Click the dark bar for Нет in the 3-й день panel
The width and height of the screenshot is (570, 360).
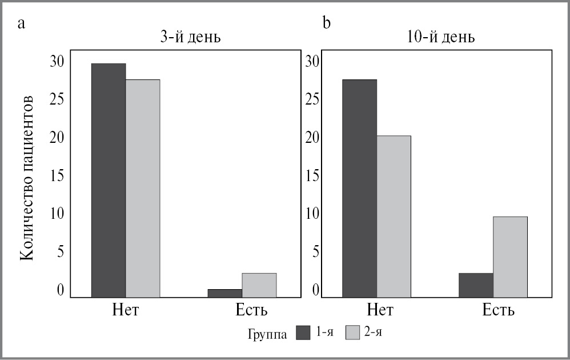coord(109,180)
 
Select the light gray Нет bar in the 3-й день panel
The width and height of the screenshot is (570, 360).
coord(143,188)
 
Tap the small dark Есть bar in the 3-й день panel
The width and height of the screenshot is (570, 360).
coord(225,293)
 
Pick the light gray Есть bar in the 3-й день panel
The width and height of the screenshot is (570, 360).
coord(259,285)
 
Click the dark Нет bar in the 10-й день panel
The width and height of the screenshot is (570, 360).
coord(359,188)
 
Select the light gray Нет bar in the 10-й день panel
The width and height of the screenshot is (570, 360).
coord(394,216)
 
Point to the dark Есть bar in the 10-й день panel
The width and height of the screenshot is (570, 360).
coord(476,285)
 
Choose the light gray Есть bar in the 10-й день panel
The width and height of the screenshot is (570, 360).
coord(510,257)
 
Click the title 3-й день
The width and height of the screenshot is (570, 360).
coord(191,38)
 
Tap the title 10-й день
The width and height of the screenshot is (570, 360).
coord(442,38)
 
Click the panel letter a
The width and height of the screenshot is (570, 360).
coord(22,23)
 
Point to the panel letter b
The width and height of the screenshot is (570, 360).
coord(327,23)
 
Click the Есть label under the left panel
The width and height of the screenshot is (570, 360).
coord(252,310)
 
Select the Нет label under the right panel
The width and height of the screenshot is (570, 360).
coord(380,310)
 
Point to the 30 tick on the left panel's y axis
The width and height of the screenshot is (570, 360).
coord(58,61)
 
